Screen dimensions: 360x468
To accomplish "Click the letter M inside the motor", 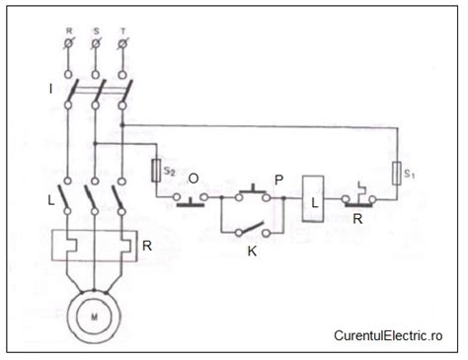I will point(95,317).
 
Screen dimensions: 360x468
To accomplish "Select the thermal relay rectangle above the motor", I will point(95,245).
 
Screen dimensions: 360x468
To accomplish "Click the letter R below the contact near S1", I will point(358,219).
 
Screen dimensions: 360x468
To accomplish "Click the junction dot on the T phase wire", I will point(122,124).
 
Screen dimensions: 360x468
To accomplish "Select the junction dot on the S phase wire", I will point(96,143).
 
